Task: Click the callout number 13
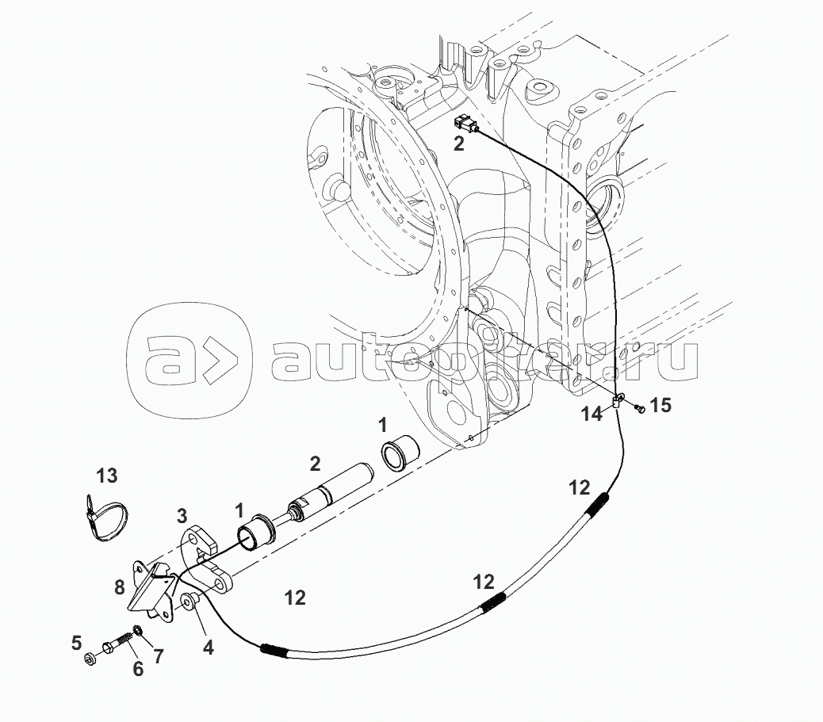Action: point(107,476)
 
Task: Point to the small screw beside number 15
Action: point(640,408)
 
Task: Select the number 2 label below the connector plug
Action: point(459,143)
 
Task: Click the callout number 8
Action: point(119,587)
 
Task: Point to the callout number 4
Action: point(208,647)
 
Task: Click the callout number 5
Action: point(77,642)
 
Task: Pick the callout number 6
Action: point(138,670)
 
